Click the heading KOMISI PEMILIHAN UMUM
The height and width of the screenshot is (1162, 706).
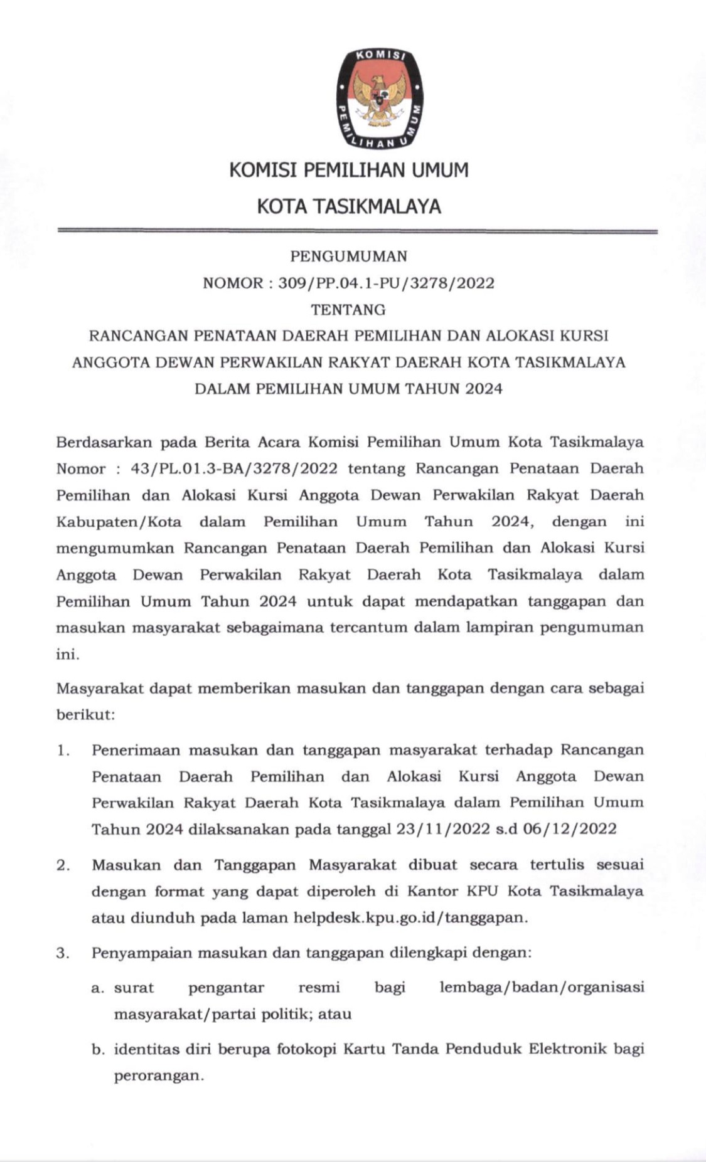(x=349, y=170)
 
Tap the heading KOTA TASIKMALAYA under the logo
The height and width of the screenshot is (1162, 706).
(x=349, y=206)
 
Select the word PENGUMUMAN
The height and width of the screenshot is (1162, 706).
(x=349, y=256)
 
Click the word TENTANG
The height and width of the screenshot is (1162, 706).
(x=349, y=310)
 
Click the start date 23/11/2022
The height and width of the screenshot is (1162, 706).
(x=443, y=829)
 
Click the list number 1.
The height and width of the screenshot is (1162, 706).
(x=63, y=750)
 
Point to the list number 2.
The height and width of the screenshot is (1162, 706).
(x=63, y=865)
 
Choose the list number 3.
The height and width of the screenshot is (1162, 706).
(x=63, y=953)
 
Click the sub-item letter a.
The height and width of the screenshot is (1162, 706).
(x=97, y=988)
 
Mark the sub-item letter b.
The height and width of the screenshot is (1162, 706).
(x=97, y=1049)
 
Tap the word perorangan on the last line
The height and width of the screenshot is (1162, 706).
(x=158, y=1076)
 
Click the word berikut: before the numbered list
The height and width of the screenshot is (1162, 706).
(x=85, y=715)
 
